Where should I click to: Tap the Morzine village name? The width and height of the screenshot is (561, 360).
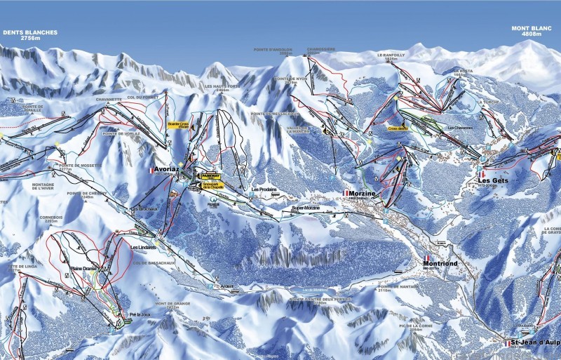click(362, 192)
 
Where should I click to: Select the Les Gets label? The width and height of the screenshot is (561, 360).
click(494, 179)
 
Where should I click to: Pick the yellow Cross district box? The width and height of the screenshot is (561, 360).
click(398, 129)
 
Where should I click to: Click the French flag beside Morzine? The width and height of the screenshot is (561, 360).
click(345, 192)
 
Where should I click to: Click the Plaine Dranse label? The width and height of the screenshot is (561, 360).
click(83, 269)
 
